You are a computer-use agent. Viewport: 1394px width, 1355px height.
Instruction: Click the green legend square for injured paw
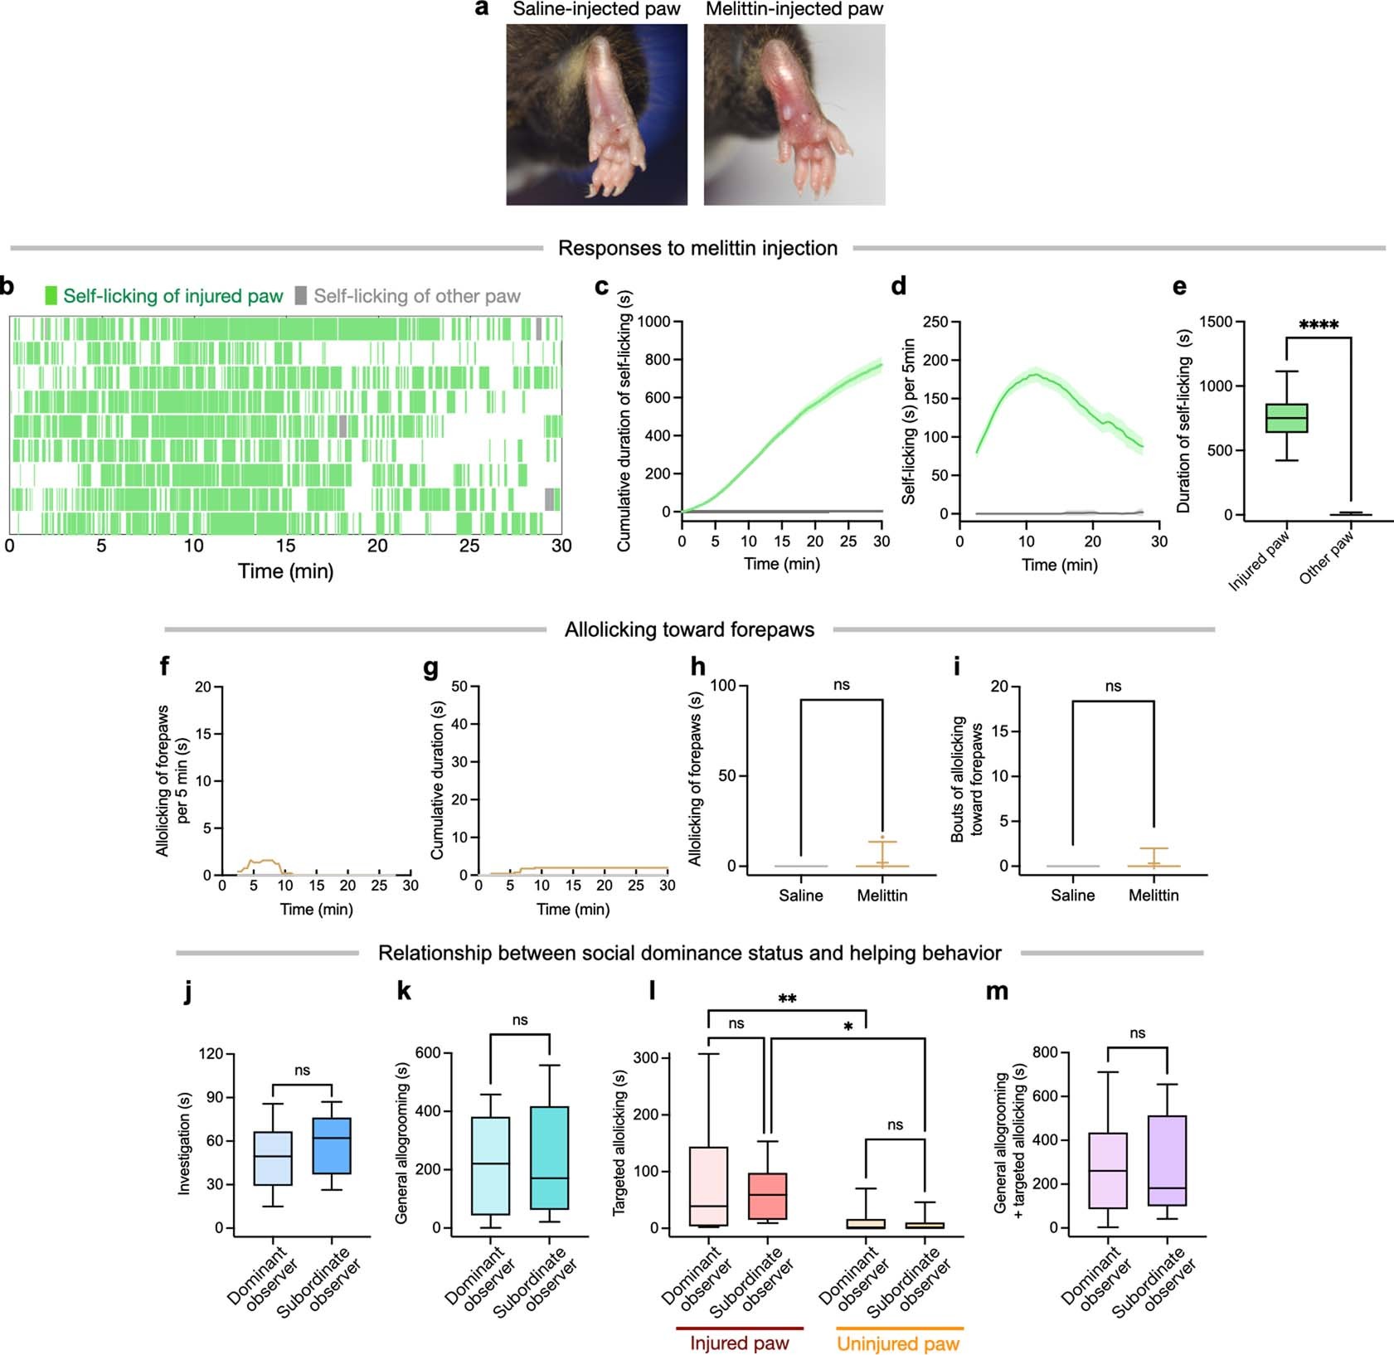pos(51,295)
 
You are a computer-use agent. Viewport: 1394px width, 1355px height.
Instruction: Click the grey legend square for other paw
pos(301,295)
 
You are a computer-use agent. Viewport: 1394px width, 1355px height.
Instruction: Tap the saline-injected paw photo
pos(596,114)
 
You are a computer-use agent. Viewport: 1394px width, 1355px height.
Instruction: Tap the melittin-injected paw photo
pos(794,114)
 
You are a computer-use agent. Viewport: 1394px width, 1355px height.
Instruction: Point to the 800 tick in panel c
pos(658,360)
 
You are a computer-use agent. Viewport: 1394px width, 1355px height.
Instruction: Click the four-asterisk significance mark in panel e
pos(1319,325)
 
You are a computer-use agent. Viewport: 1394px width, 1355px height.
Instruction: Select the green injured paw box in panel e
pos(1286,418)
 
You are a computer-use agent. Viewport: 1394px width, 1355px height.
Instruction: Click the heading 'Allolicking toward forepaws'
pos(689,630)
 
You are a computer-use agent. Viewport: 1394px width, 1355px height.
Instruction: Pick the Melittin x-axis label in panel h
pos(882,896)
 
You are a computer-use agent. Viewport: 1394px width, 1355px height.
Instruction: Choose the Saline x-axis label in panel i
pos(1072,896)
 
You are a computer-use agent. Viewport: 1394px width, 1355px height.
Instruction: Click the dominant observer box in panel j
pos(273,1158)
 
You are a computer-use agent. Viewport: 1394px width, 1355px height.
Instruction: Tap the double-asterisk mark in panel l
pos(787,999)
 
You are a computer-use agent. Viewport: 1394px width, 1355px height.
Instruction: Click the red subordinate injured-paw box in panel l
pos(767,1196)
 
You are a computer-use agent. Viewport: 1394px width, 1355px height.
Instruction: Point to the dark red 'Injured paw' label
pos(739,1343)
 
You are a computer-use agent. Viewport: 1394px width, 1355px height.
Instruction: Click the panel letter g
pos(430,668)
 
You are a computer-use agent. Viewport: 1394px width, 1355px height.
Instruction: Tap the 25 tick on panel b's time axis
pos(469,546)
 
